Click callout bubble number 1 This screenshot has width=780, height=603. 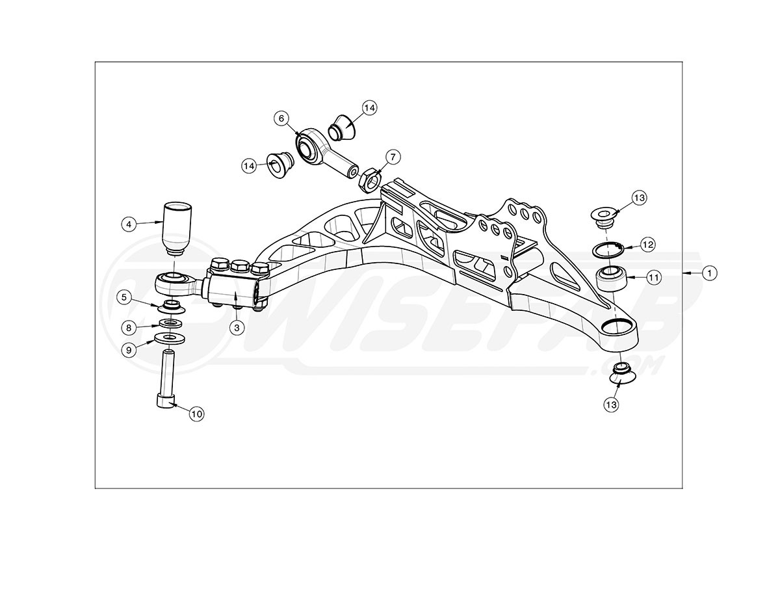click(x=710, y=273)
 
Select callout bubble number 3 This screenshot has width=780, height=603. click(x=237, y=328)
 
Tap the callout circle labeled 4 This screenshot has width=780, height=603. click(x=129, y=224)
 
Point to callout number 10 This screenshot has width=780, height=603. click(x=197, y=413)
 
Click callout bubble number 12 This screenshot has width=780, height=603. click(x=647, y=245)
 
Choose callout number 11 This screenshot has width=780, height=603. click(x=654, y=277)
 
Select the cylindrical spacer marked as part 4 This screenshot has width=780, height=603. click(x=176, y=228)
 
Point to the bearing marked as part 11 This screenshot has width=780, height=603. click(x=612, y=279)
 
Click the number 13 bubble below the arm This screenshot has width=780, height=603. click(x=611, y=404)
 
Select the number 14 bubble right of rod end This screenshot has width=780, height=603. click(x=369, y=108)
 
